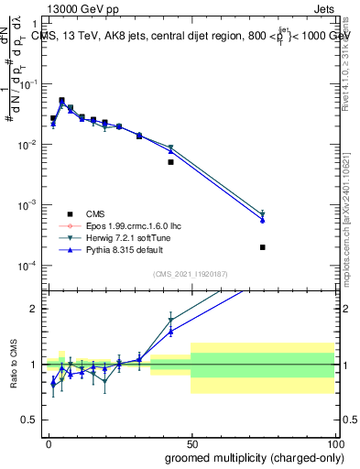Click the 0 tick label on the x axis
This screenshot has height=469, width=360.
(x=48, y=444)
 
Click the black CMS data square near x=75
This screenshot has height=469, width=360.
(x=263, y=247)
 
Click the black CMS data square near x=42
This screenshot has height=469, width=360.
(x=170, y=162)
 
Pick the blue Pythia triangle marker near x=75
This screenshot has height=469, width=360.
(x=263, y=220)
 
